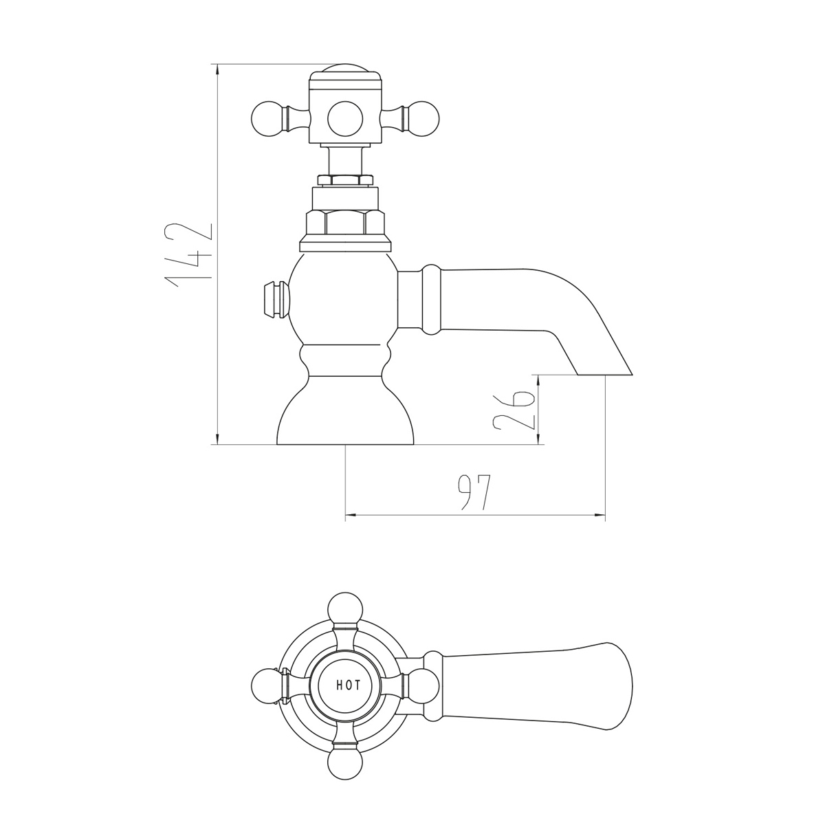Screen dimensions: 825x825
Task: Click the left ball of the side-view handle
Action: [266, 118]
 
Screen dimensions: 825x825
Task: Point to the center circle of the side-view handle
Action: [344, 118]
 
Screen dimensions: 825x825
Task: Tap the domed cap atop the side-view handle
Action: [344, 72]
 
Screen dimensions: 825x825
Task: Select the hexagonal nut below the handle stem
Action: [344, 223]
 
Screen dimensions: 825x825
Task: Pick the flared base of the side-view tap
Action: [344, 412]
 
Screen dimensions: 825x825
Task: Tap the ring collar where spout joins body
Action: [430, 300]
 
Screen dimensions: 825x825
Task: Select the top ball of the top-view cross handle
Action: [344, 608]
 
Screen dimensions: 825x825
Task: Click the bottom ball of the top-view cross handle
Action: [344, 762]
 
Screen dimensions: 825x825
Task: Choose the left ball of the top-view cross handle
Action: [267, 685]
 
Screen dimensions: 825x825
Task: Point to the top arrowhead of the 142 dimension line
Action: [217, 69]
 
